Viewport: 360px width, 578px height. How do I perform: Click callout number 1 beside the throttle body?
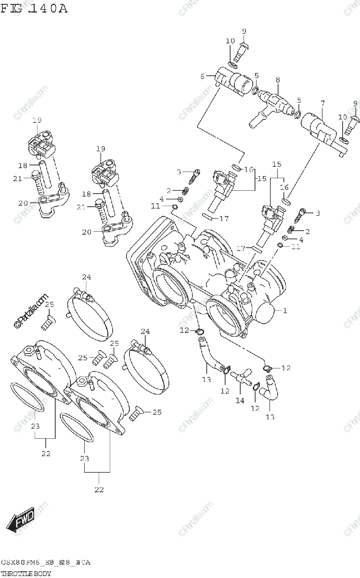285,311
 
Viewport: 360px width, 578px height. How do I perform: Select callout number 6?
203,76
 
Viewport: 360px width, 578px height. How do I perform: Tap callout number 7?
322,103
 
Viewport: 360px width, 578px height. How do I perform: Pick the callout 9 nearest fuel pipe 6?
244,31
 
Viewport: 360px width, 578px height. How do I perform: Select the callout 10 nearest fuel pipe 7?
342,117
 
